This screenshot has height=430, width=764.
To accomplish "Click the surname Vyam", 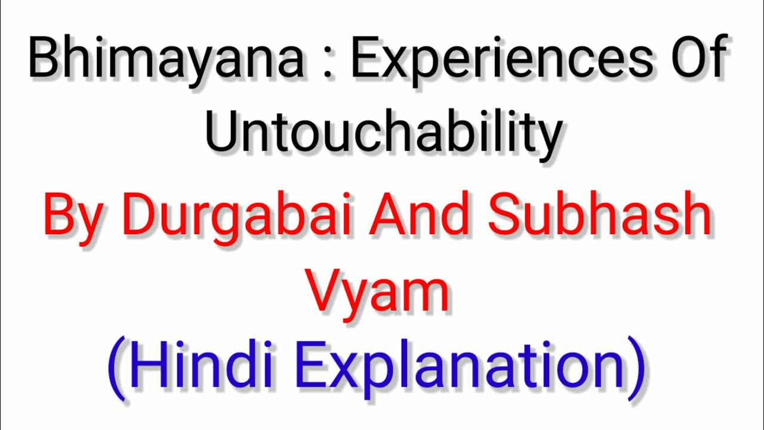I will point(377,294).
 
